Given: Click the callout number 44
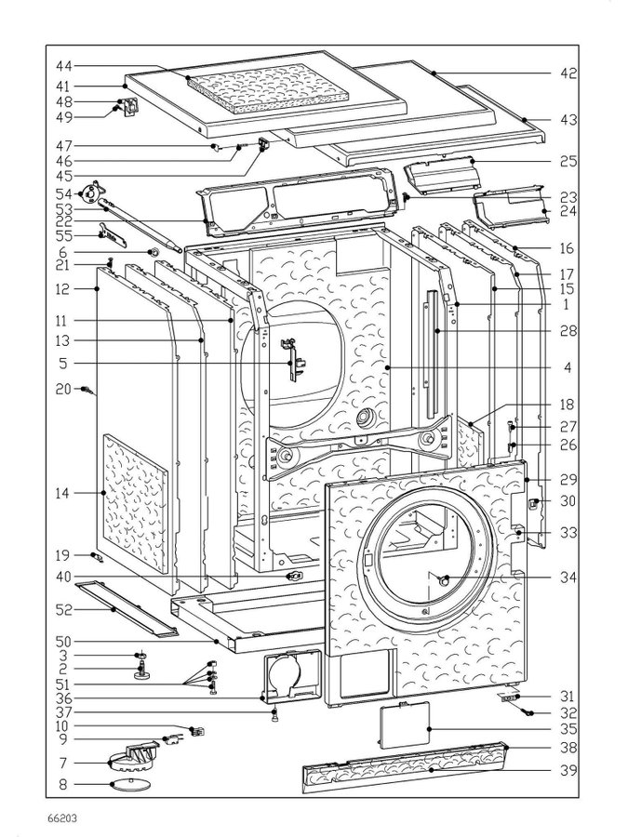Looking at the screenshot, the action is click(63, 66).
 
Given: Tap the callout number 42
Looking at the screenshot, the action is click(568, 73).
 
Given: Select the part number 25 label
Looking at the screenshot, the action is click(568, 161).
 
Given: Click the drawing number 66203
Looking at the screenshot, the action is click(62, 818).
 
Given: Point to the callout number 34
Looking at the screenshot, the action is click(568, 578).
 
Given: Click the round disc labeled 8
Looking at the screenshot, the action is click(128, 784).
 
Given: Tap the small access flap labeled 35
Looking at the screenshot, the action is click(405, 726).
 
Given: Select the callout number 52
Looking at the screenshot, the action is click(63, 609).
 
